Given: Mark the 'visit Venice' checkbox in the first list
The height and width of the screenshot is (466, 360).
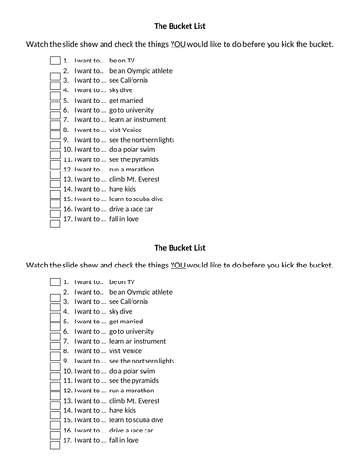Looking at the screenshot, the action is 53,130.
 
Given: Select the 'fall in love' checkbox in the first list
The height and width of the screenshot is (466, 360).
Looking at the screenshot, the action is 53,218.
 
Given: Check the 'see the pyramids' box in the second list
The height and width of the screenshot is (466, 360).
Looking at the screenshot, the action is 53,380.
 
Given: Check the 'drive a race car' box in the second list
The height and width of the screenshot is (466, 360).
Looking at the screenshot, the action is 53,430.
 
